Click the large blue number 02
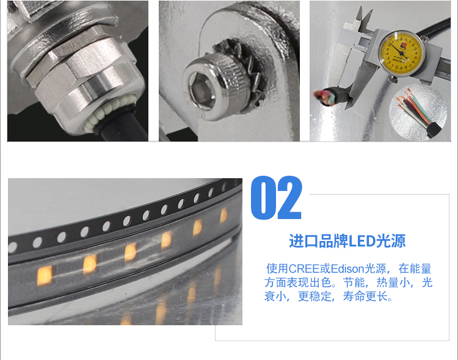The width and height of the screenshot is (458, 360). (x=276, y=198)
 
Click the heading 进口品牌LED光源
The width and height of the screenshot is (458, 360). (x=347, y=241)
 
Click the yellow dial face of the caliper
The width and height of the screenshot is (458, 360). (x=401, y=53)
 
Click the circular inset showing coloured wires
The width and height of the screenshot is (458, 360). (x=418, y=112)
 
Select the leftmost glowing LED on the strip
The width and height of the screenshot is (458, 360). (x=45, y=275)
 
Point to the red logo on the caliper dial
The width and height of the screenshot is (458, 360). (x=404, y=45)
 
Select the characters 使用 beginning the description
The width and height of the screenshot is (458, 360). (x=277, y=268)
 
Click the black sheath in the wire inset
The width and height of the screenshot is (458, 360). (x=434, y=129)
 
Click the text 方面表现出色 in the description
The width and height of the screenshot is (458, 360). (x=298, y=283)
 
